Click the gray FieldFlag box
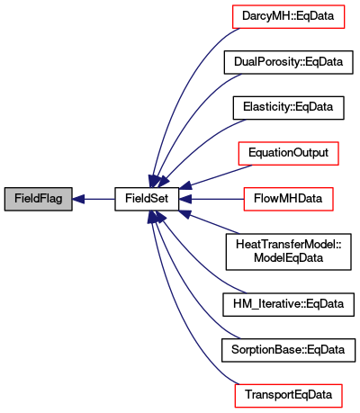[x=38, y=199]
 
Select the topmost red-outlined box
[x=288, y=17]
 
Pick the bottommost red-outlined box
[x=288, y=396]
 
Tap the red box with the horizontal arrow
[x=288, y=200]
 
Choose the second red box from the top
[x=288, y=154]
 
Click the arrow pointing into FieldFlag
[x=94, y=199]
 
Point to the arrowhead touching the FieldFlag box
[x=78, y=199]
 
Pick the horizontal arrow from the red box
[x=216, y=199]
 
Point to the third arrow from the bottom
[x=202, y=261]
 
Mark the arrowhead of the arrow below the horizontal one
[x=184, y=213]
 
